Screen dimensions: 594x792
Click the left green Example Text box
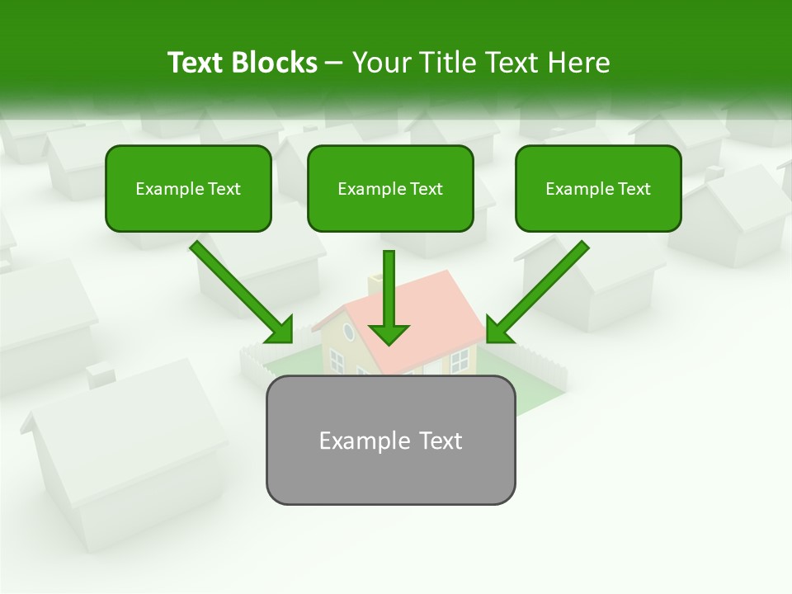(x=188, y=188)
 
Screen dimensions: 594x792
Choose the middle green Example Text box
(x=390, y=188)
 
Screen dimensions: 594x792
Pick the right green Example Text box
(x=598, y=188)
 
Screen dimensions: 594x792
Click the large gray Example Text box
(x=390, y=440)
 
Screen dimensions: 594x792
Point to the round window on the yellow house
(x=348, y=332)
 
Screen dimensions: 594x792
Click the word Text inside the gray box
(x=441, y=441)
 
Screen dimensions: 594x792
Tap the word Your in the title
(x=380, y=63)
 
